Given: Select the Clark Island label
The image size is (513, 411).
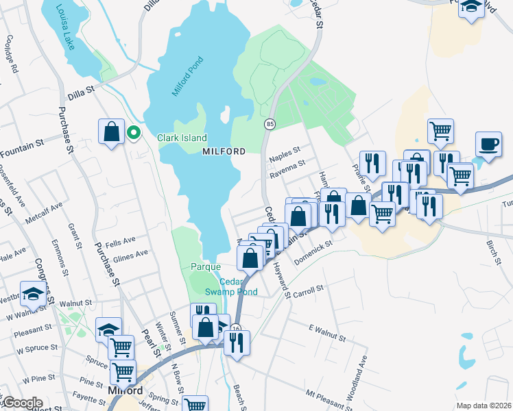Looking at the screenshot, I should point(182,138).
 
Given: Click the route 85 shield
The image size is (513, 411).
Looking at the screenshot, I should point(270,124).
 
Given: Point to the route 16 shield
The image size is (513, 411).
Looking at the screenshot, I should point(235,328).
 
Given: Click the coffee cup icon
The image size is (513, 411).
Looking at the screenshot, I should point(488,145).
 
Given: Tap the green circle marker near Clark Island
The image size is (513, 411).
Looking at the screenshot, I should point(134,133).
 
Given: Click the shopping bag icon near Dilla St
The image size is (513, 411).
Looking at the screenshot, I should point(112,131).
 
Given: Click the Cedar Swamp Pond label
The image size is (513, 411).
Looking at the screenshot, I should point(238,287).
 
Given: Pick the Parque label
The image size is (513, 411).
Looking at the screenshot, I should point(206,266).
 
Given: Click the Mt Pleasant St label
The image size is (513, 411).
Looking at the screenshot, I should point(329,395).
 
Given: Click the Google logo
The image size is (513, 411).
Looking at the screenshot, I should point(22,403).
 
